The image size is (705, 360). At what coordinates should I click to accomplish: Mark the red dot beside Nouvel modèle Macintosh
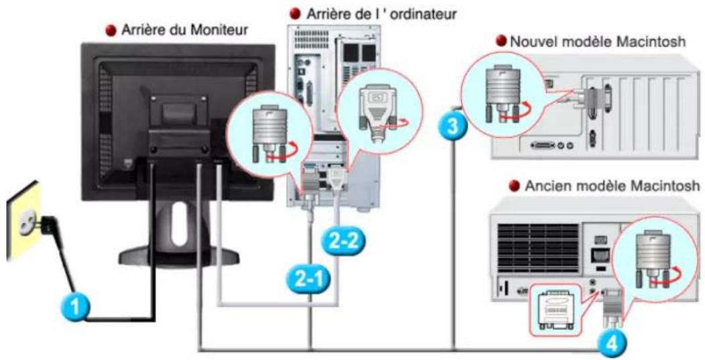click(x=501, y=42)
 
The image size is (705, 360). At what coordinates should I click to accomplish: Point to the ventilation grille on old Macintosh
click(x=535, y=243)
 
